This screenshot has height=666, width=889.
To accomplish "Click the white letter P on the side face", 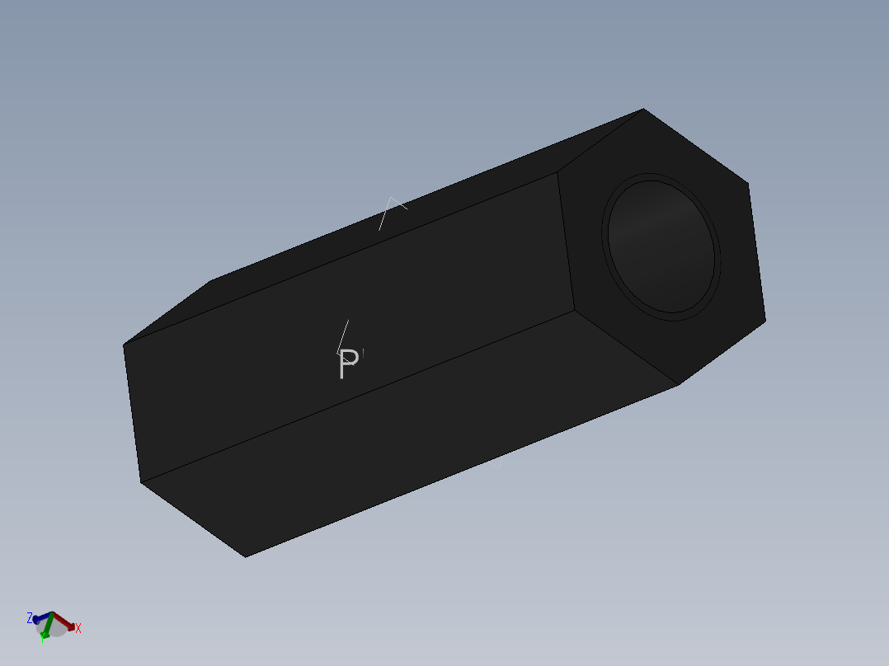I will [x=349, y=364].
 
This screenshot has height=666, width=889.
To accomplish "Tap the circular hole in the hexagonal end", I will [x=661, y=244].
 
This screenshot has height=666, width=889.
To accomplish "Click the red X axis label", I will [x=78, y=628].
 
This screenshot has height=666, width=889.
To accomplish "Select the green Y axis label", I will [x=43, y=637].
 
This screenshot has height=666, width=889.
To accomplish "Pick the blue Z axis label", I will [x=30, y=617].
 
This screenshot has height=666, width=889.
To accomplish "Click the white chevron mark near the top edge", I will [x=393, y=204].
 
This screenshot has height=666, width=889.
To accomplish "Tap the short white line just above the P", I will [x=342, y=335].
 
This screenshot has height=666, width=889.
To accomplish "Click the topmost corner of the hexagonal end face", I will [x=643, y=109].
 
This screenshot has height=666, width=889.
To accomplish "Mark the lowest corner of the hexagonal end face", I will [x=678, y=385].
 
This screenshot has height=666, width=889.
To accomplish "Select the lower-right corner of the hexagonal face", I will [x=765, y=320].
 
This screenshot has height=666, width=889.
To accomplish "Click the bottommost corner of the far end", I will [x=245, y=556].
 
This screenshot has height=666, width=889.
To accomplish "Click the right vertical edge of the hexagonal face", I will [x=757, y=251].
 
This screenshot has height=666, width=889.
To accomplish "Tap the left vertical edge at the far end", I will [x=132, y=412].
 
